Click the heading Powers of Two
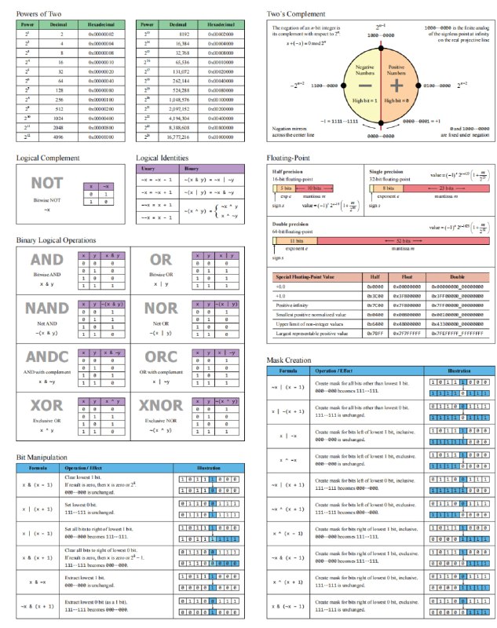[x=41, y=14]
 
